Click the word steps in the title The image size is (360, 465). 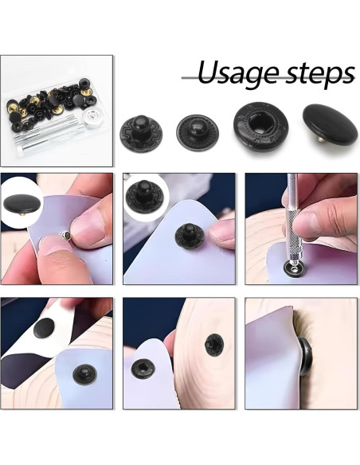click(315, 75)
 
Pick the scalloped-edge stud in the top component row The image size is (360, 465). click(143, 131)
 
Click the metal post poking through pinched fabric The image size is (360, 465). click(63, 236)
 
